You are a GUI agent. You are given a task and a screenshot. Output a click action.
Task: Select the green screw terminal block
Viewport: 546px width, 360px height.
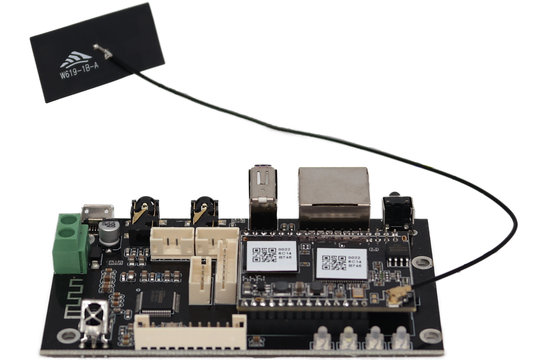coord(71,243)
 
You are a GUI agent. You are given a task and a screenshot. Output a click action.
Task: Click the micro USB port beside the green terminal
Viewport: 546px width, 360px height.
coord(97,213)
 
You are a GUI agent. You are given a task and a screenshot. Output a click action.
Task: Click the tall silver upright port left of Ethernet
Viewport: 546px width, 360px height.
coord(262,191)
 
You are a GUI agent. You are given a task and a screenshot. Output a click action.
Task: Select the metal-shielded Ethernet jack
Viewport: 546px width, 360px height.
coord(334,194)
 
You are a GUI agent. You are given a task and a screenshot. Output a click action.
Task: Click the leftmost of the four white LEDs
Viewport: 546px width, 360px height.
coord(323,336)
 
